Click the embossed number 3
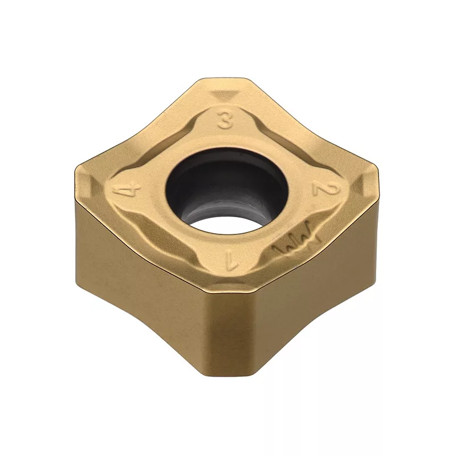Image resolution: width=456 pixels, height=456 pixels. (x=225, y=121)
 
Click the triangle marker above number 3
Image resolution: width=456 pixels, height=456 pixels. (x=225, y=96)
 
